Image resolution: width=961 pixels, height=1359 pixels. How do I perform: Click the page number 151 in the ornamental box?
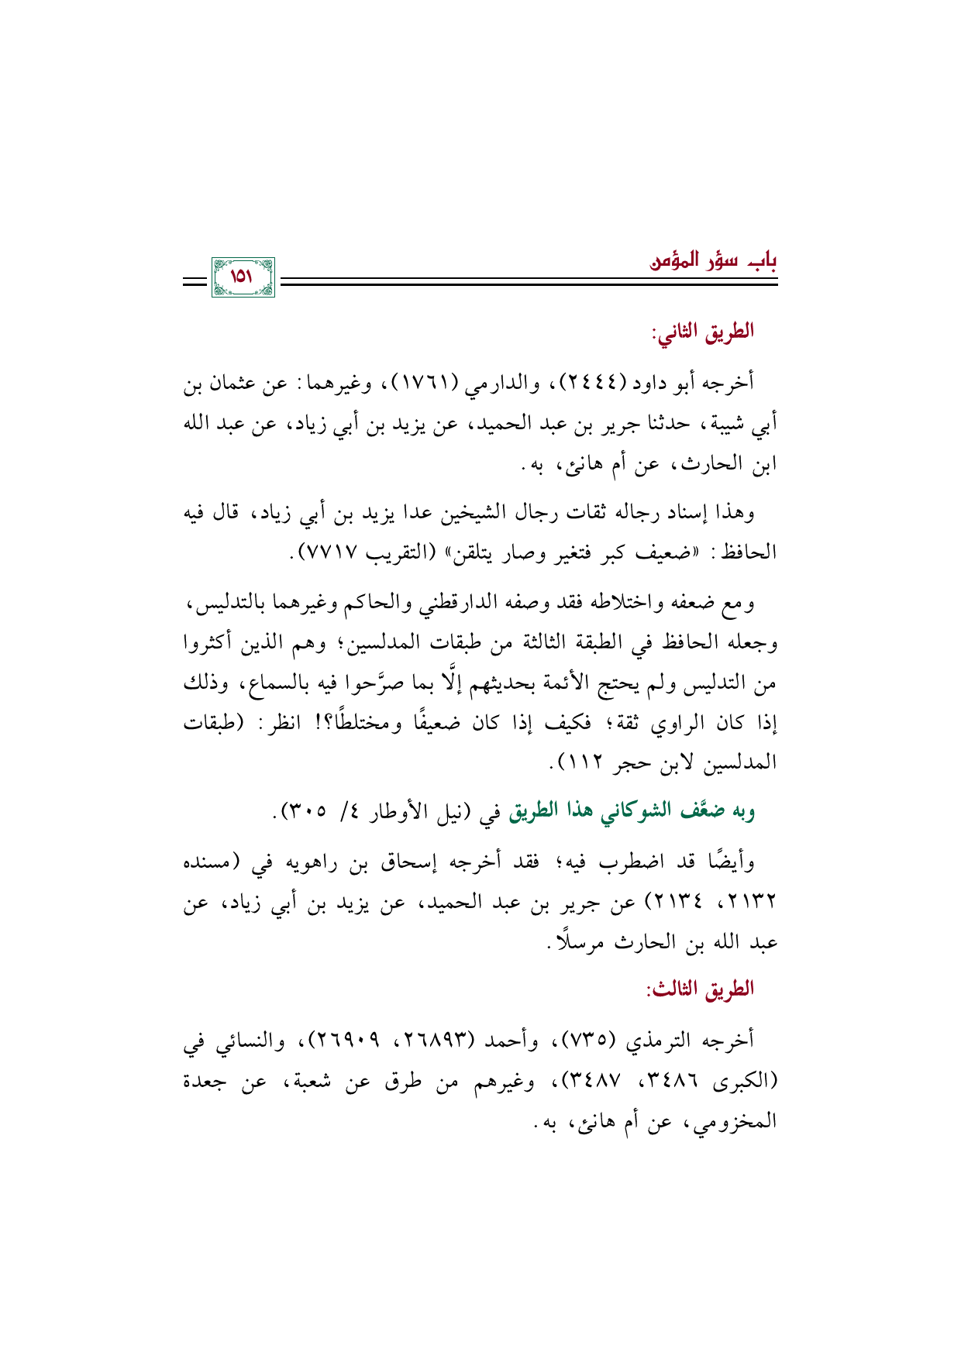[x=243, y=277]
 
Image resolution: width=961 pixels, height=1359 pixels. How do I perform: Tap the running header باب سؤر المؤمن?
[x=713, y=260]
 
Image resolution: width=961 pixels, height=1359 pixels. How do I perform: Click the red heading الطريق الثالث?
[x=701, y=989]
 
